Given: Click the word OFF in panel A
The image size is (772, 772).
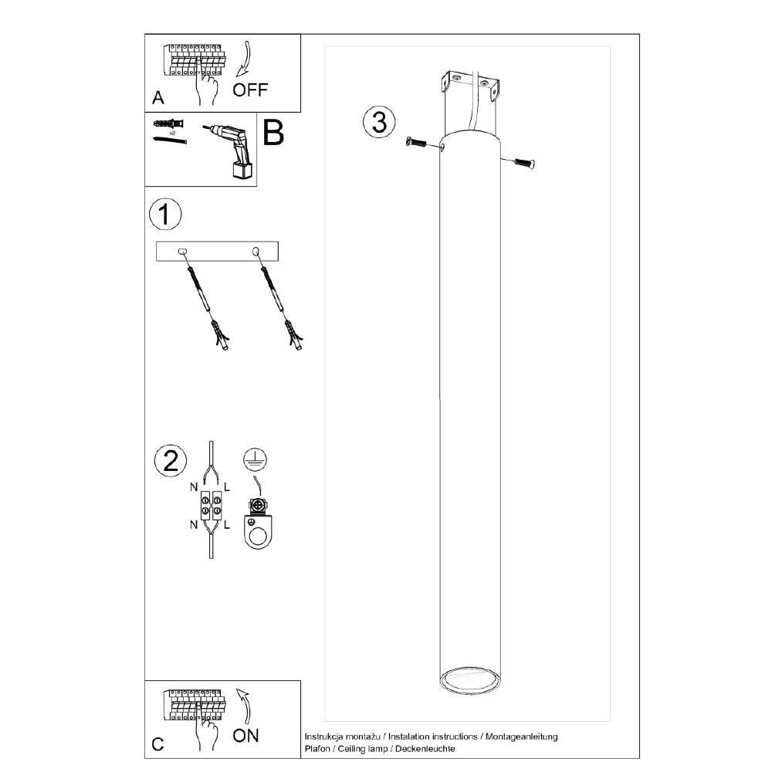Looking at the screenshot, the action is [x=250, y=90].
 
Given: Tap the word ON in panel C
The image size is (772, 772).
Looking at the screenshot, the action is [x=245, y=736].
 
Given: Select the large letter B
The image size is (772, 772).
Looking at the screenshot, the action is [x=273, y=132].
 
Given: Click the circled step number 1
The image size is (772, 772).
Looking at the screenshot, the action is [x=165, y=214].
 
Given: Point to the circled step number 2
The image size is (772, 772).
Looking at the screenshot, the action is [x=171, y=461].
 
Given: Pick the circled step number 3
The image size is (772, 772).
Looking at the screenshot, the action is [x=379, y=122].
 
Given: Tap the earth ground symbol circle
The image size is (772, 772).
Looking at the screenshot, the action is [x=255, y=459].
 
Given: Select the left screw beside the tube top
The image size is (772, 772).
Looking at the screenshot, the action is [x=416, y=143].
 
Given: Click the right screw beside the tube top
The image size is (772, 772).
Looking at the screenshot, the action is [x=524, y=162].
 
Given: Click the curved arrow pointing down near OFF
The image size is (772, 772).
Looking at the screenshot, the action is [x=244, y=59].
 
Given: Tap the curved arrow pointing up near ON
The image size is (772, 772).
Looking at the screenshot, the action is [x=244, y=706].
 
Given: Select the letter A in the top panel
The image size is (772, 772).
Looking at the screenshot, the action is [x=158, y=97].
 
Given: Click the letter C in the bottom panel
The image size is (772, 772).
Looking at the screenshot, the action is [x=157, y=744].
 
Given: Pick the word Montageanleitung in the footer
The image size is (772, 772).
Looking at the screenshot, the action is [x=521, y=737].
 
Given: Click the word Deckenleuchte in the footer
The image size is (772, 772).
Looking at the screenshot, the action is [x=425, y=749].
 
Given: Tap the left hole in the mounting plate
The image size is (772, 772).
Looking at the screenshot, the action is [x=181, y=252].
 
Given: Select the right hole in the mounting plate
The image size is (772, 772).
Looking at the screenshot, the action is [x=256, y=252].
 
